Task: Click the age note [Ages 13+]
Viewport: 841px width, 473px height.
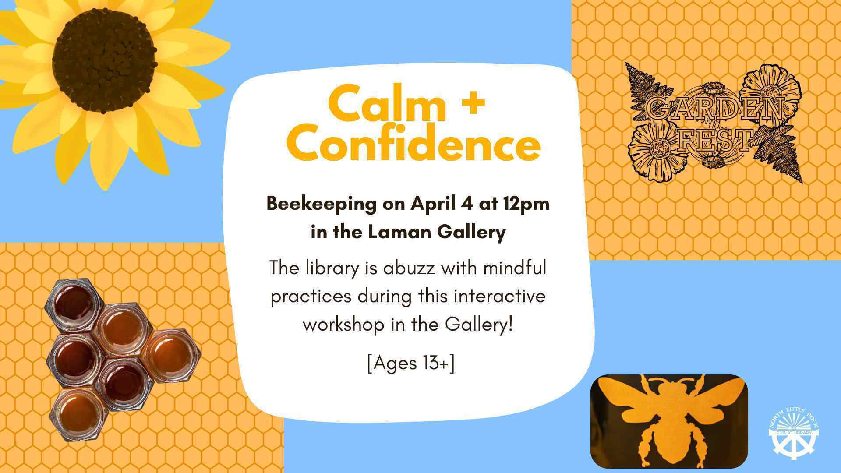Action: (x=411, y=363)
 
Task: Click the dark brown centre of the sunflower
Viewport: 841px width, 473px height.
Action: (x=104, y=60)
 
